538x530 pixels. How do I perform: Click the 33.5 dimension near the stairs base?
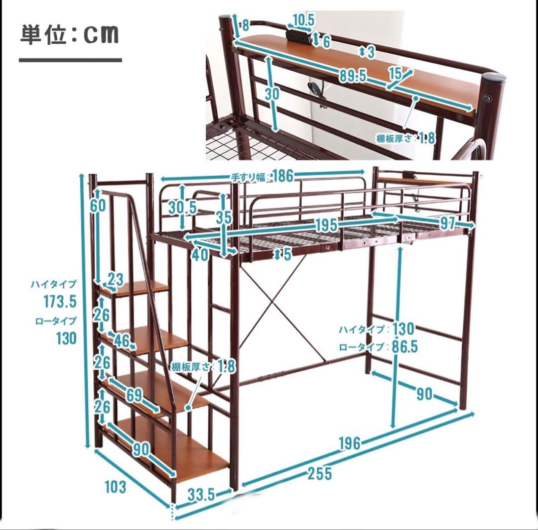pos(201,495)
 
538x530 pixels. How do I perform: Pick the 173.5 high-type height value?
pos(59,302)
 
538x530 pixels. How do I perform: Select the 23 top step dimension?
pos(115,280)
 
